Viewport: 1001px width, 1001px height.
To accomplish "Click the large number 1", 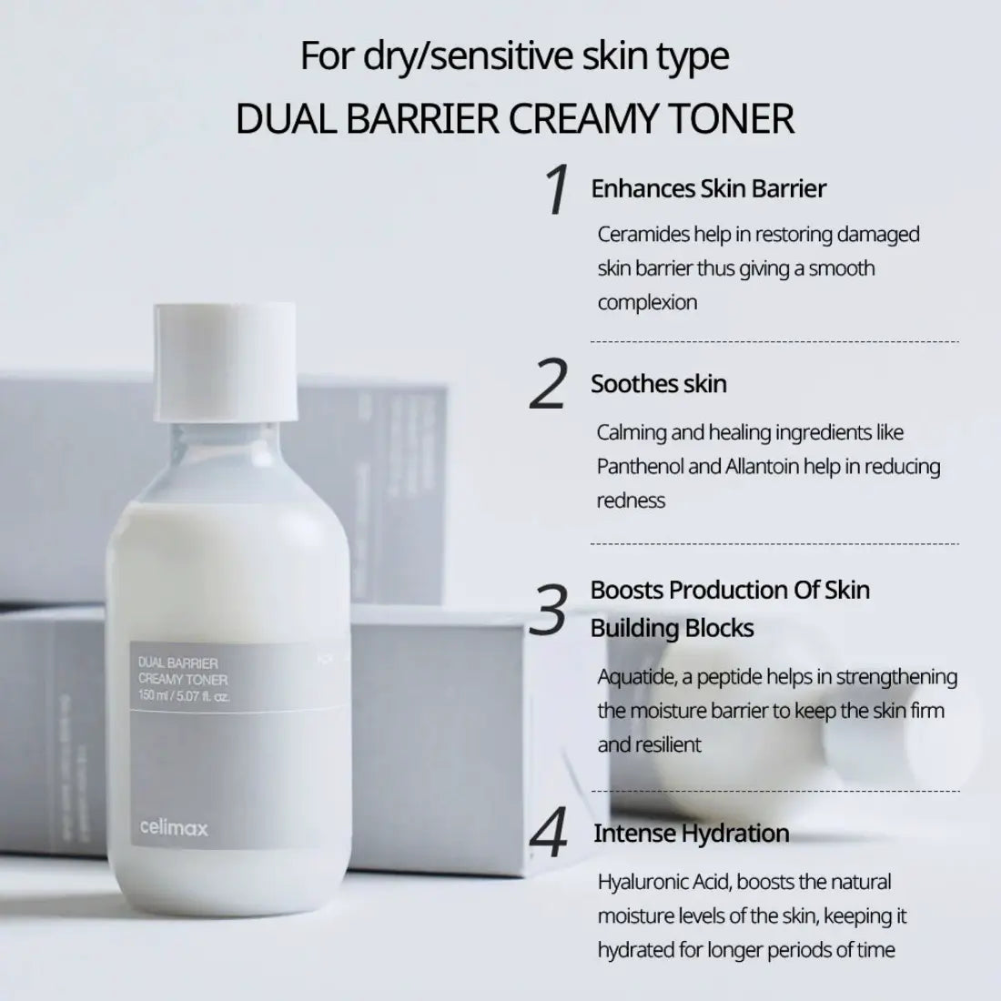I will (x=556, y=190).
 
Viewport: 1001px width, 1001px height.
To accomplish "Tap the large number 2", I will (x=549, y=384).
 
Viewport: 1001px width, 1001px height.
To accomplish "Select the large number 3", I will (x=549, y=610).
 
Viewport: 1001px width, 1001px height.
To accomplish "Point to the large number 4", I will (x=549, y=834).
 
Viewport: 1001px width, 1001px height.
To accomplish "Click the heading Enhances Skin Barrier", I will (x=708, y=189).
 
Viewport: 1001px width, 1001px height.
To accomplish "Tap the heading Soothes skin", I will (x=658, y=384).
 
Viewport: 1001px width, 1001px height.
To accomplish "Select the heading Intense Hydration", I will (x=691, y=834).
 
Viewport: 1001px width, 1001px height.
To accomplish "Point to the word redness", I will (x=631, y=500).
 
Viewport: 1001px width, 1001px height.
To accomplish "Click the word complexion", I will (x=647, y=303).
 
